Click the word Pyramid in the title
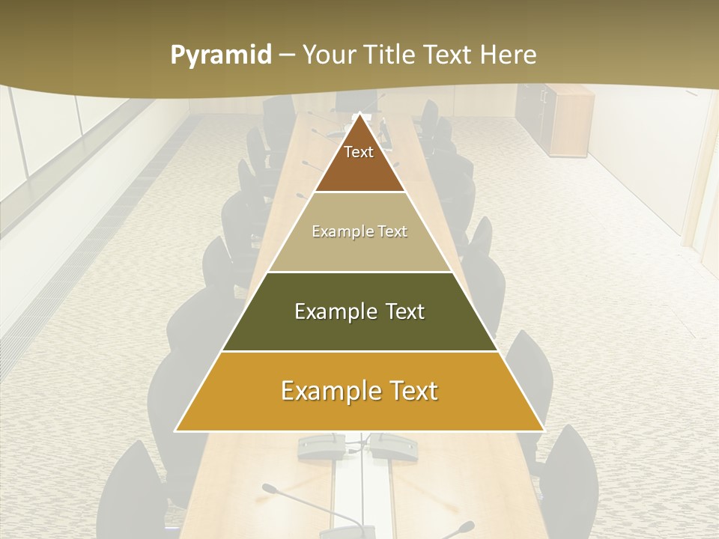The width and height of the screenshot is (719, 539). pos(220,55)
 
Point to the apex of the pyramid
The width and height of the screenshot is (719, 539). pos(359,114)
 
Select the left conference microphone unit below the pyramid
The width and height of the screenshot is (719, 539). pos(322,448)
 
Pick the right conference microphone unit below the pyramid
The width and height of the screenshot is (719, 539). pos(394,447)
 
